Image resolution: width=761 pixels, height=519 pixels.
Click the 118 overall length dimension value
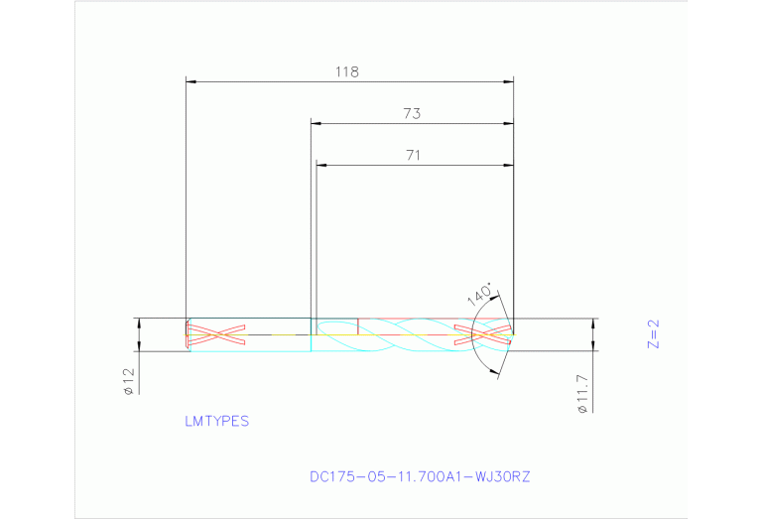tap(346, 72)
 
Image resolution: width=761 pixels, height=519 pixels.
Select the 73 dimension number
tap(412, 114)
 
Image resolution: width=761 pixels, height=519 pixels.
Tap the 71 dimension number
tap(413, 155)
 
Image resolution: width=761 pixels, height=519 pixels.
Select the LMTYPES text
tap(217, 421)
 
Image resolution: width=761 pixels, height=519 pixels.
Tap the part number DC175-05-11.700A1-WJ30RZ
tap(420, 476)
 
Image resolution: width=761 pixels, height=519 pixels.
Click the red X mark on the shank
tap(218, 334)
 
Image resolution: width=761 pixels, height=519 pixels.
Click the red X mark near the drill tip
tap(480, 334)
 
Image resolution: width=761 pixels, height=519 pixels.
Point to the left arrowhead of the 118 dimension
tap(191, 81)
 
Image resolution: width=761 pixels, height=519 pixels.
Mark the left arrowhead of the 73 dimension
tap(316, 123)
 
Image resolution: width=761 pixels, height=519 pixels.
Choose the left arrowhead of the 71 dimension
tap(319, 164)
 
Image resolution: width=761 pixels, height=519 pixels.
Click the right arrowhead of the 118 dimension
tap(509, 81)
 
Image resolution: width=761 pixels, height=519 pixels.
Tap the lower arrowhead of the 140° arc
tap(497, 374)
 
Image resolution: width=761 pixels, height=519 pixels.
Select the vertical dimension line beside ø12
tap(139, 334)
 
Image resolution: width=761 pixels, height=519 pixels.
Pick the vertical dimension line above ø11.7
tap(593, 334)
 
